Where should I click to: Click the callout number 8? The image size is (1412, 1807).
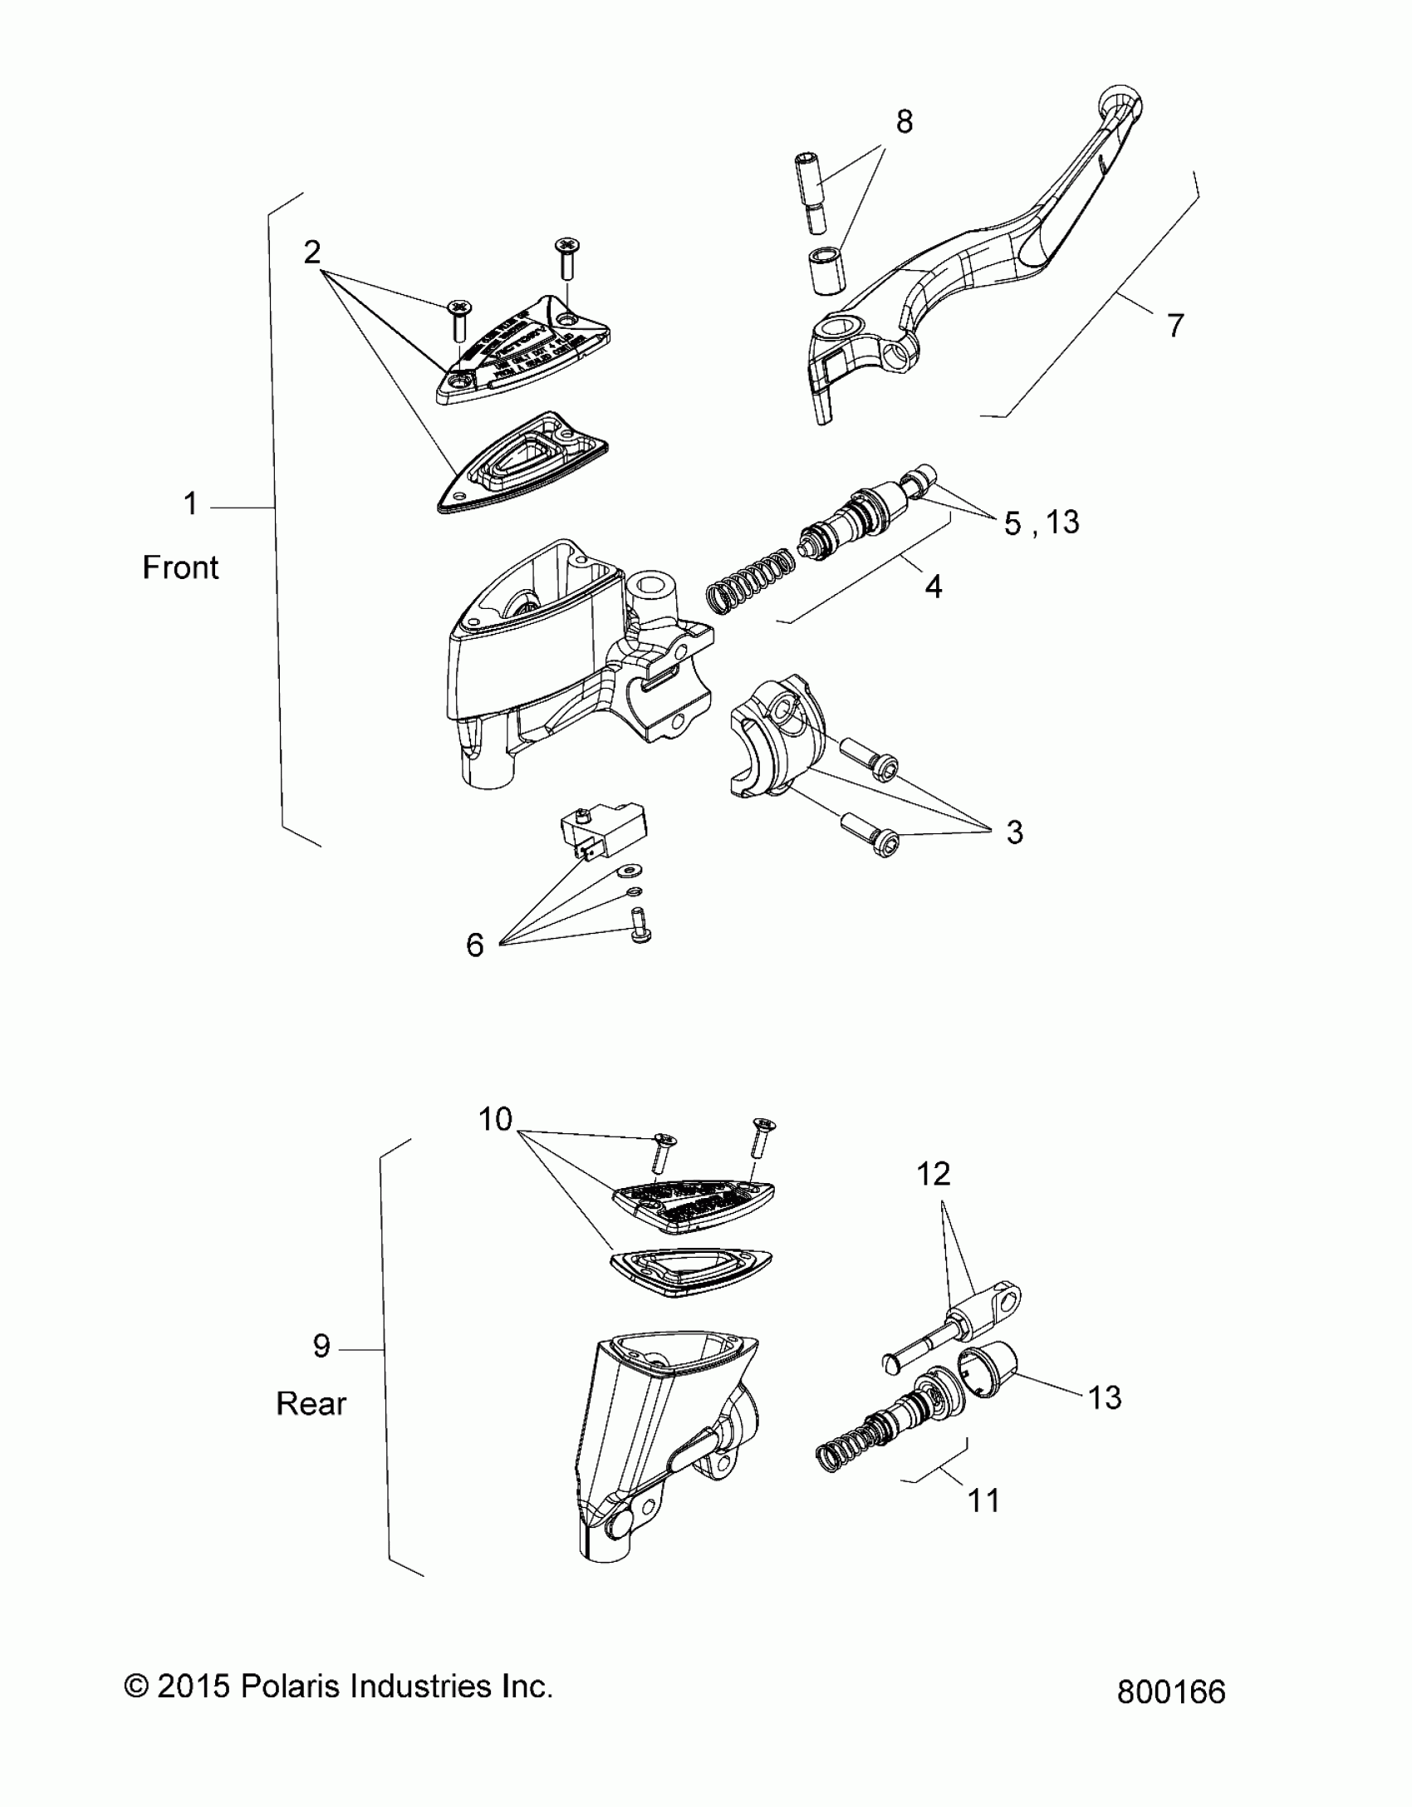point(904,122)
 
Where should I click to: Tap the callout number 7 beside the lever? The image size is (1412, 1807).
point(1174,325)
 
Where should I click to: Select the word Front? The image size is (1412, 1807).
point(180,567)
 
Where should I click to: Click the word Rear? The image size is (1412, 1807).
point(311,1403)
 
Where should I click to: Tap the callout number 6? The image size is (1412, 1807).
point(474,945)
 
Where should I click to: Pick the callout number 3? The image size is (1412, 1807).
point(1014,832)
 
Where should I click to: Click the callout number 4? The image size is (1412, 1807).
point(934,587)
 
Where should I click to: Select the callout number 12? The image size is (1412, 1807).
point(934,1174)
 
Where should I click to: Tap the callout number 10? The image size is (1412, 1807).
point(495,1120)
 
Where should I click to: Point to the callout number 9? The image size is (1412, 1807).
point(321,1345)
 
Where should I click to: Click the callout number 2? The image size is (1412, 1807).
point(311,252)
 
